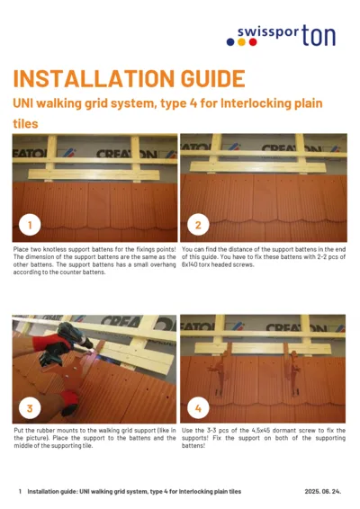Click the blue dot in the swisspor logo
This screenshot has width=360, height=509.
(230, 41)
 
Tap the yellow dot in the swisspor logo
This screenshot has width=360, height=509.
(242, 41)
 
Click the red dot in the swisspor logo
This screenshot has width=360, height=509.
(254, 41)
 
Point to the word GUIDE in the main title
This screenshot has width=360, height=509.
(203, 78)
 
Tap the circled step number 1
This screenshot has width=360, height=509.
(31, 224)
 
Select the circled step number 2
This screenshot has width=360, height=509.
(198, 224)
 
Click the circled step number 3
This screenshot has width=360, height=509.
(31, 407)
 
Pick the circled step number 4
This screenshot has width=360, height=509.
(198, 407)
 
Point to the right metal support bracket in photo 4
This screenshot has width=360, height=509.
(291, 353)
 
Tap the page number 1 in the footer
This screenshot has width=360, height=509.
(20, 492)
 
